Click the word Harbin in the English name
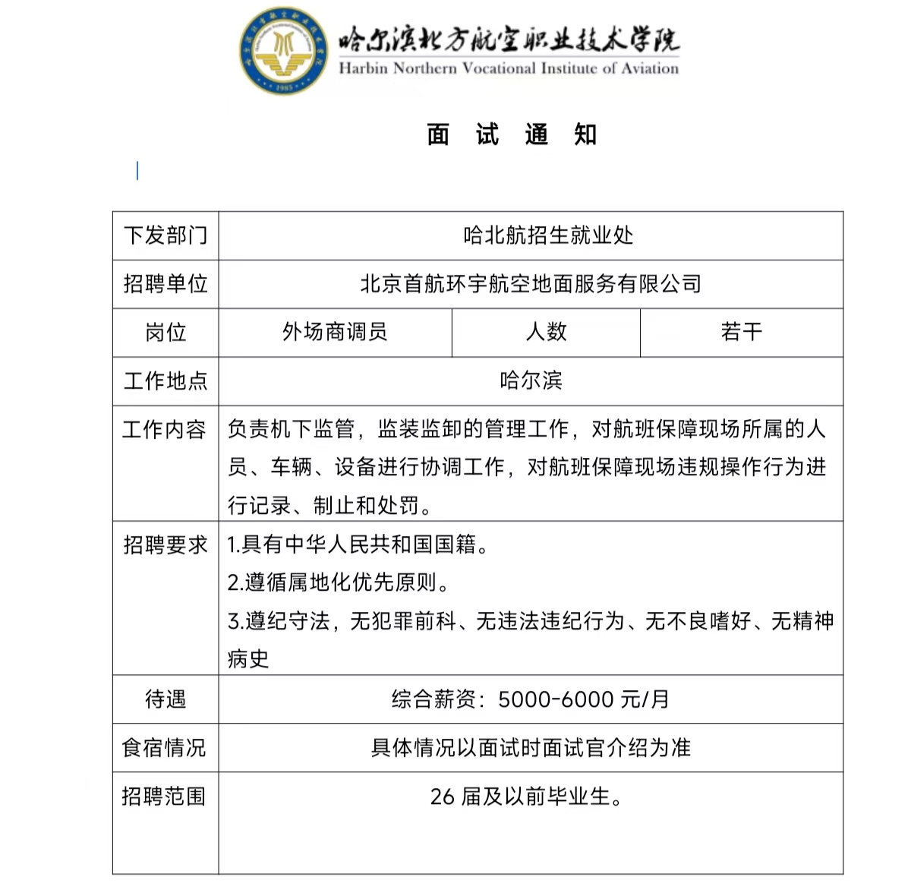tap(363, 68)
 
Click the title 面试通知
tap(512, 135)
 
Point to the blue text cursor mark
tap(137, 171)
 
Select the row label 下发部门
tap(165, 235)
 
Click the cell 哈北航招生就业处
tap(548, 235)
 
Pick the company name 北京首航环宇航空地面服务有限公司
tap(531, 284)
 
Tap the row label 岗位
tap(165, 333)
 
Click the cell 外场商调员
tap(335, 332)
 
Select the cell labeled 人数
tap(547, 332)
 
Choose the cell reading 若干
tap(741, 332)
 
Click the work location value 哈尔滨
tap(531, 380)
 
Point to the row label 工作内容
tap(165, 430)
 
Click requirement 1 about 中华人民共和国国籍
tap(359, 544)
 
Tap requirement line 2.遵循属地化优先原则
tap(339, 582)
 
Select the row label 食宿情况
tap(164, 748)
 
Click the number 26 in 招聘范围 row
tap(442, 797)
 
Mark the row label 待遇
tap(165, 699)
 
